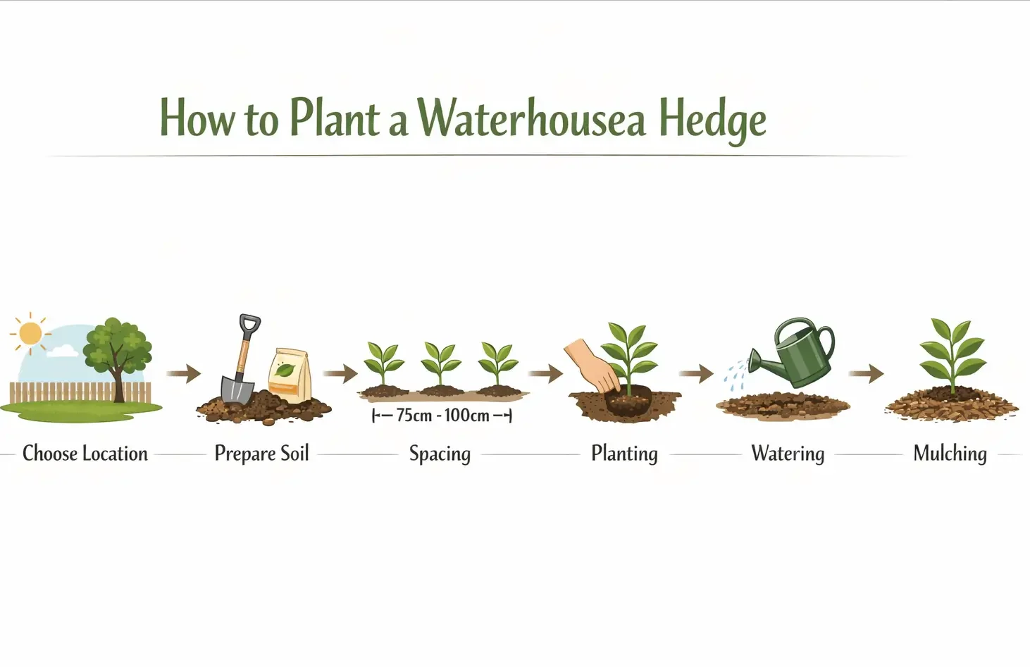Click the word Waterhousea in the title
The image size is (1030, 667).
[531, 118]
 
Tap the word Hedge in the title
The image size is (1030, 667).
[712, 120]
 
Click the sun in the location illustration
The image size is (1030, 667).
[30, 333]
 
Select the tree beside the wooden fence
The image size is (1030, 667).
[117, 356]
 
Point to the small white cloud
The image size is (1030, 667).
[63, 351]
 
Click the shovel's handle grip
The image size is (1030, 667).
[249, 323]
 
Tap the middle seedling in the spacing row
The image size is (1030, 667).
[440, 365]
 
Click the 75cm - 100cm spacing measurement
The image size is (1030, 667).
[442, 416]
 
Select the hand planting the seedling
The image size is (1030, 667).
[593, 366]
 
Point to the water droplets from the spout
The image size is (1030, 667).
[736, 375]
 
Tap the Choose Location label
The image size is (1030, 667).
[85, 454]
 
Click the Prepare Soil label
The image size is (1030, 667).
[261, 454]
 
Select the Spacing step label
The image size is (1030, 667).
[440, 454]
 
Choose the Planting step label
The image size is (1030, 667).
[624, 454]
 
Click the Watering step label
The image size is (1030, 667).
[788, 454]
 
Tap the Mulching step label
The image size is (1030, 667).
[950, 454]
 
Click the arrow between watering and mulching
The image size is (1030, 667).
[867, 373]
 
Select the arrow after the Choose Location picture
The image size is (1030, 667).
[184, 373]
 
